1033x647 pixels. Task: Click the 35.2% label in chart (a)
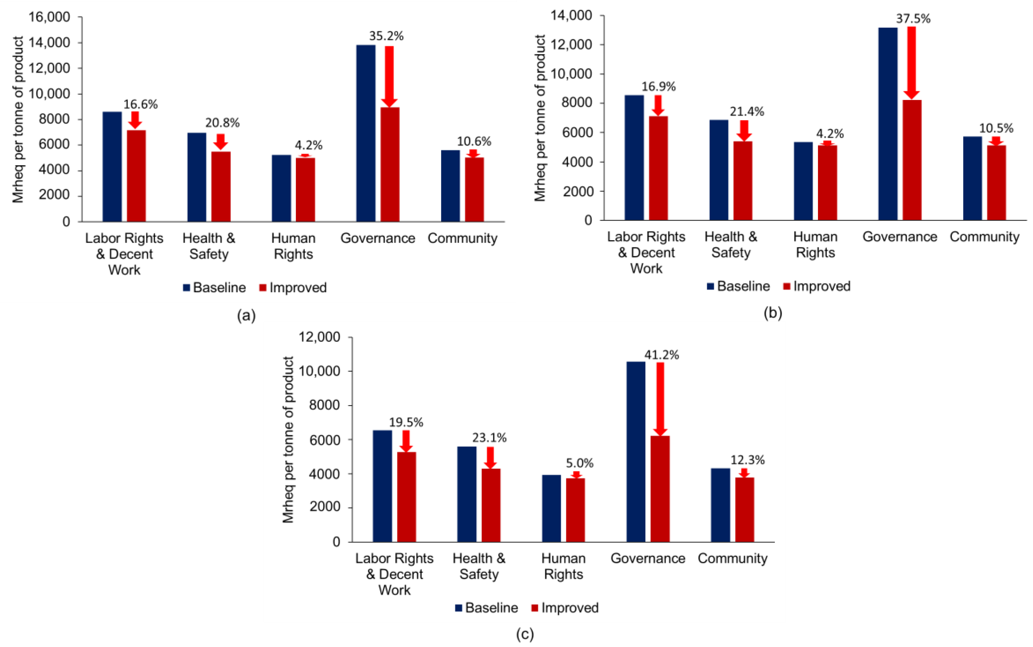click(386, 36)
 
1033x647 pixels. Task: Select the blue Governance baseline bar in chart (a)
click(366, 133)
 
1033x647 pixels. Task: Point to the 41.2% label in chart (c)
click(661, 355)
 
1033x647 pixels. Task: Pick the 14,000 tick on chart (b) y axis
click(571, 16)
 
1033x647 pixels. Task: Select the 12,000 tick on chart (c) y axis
click(319, 337)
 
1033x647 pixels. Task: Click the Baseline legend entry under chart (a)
click(215, 288)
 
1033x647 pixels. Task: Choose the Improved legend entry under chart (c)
click(565, 608)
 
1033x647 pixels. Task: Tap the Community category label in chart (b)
click(984, 237)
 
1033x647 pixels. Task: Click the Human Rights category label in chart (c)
click(563, 566)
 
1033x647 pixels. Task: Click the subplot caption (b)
click(773, 313)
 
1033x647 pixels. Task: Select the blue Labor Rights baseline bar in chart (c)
click(382, 486)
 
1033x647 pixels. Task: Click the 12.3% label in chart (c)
click(747, 460)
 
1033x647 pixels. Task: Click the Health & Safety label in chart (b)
click(730, 244)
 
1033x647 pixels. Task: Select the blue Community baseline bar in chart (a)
click(450, 186)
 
